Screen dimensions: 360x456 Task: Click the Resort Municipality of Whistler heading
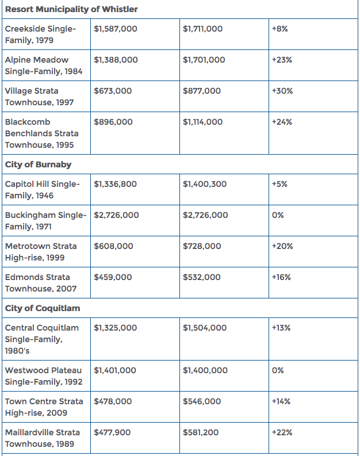[x=71, y=9]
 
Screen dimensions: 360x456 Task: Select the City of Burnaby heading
[x=38, y=164]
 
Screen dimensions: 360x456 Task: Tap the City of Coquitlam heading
[x=43, y=308]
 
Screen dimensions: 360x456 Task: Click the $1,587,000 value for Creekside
[x=116, y=29]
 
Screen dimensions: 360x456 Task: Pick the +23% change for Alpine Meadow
[x=282, y=60]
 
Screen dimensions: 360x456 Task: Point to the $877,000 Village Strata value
[x=202, y=91]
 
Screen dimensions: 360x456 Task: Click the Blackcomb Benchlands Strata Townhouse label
[x=42, y=133]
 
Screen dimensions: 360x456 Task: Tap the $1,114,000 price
[x=202, y=122]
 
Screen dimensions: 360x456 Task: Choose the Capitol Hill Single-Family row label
[x=43, y=190]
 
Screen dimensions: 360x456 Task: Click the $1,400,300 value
[x=205, y=184]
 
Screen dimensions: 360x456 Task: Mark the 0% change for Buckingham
[x=278, y=215]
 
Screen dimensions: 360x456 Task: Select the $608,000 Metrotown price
[x=113, y=246]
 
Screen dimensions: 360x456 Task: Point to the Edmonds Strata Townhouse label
[x=41, y=283]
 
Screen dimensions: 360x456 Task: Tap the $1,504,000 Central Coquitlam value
[x=205, y=328]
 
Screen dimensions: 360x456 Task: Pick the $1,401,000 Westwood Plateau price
[x=115, y=370]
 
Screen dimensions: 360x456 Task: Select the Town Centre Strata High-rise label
[x=44, y=407]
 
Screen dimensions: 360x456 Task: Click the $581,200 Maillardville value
[x=201, y=432]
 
